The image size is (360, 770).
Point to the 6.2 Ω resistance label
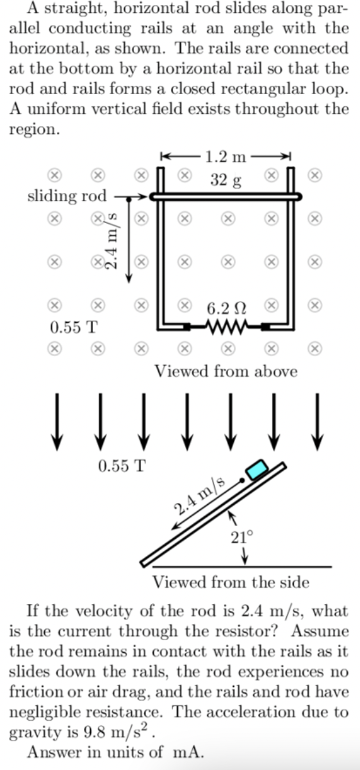226,307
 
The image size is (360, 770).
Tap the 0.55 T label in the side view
122,465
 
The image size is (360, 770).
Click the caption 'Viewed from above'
225,372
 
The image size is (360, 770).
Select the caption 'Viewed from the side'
231,582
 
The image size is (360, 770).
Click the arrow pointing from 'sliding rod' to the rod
133,198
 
